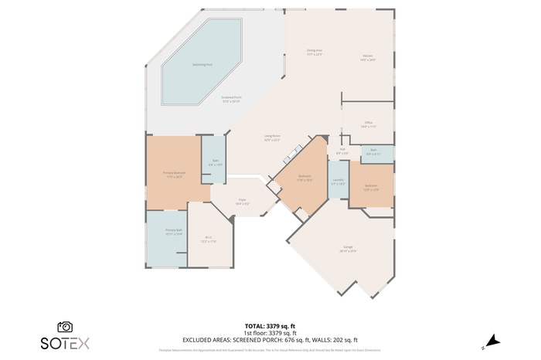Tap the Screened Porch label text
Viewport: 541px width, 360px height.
pos(231,99)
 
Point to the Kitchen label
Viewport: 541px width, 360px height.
pos(368,56)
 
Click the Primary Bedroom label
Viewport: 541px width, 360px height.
pos(174,174)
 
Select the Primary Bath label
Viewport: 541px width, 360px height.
pos(173,231)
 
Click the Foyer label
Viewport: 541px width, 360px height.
pos(242,201)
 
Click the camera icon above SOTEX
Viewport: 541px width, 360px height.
pos(66,327)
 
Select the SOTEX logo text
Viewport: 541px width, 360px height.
pos(66,342)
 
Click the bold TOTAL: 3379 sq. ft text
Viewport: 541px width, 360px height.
pos(270,327)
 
